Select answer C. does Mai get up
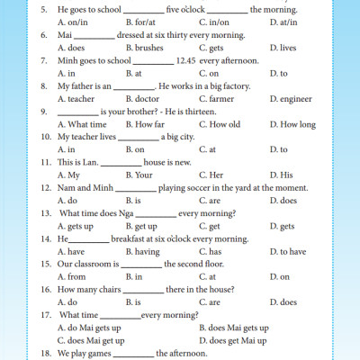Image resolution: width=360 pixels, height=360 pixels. point(97,341)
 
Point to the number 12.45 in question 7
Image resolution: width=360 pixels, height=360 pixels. point(187,60)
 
